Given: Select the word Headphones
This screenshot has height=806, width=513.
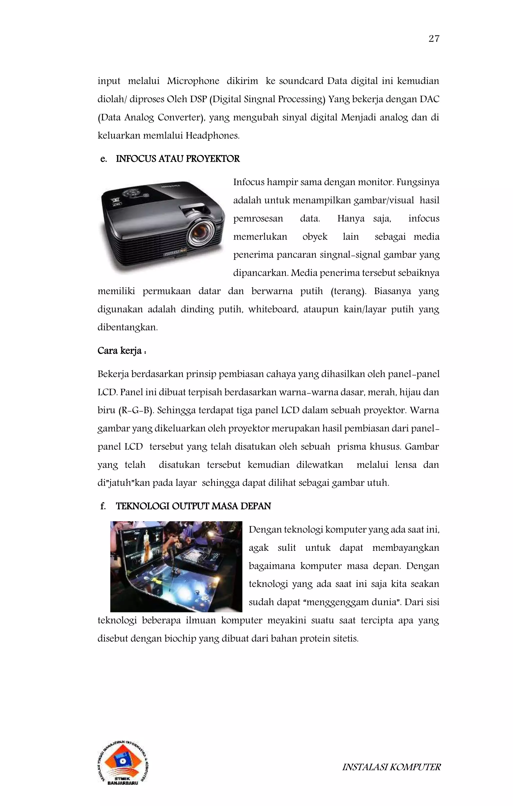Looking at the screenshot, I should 212,136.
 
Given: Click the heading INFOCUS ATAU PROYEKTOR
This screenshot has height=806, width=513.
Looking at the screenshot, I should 178,159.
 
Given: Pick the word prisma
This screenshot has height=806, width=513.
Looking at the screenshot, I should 352,447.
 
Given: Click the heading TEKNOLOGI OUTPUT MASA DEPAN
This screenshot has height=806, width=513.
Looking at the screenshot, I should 193,506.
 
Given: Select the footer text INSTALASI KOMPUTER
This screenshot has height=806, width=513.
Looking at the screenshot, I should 391,767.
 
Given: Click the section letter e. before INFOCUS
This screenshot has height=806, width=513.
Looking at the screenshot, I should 103,159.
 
